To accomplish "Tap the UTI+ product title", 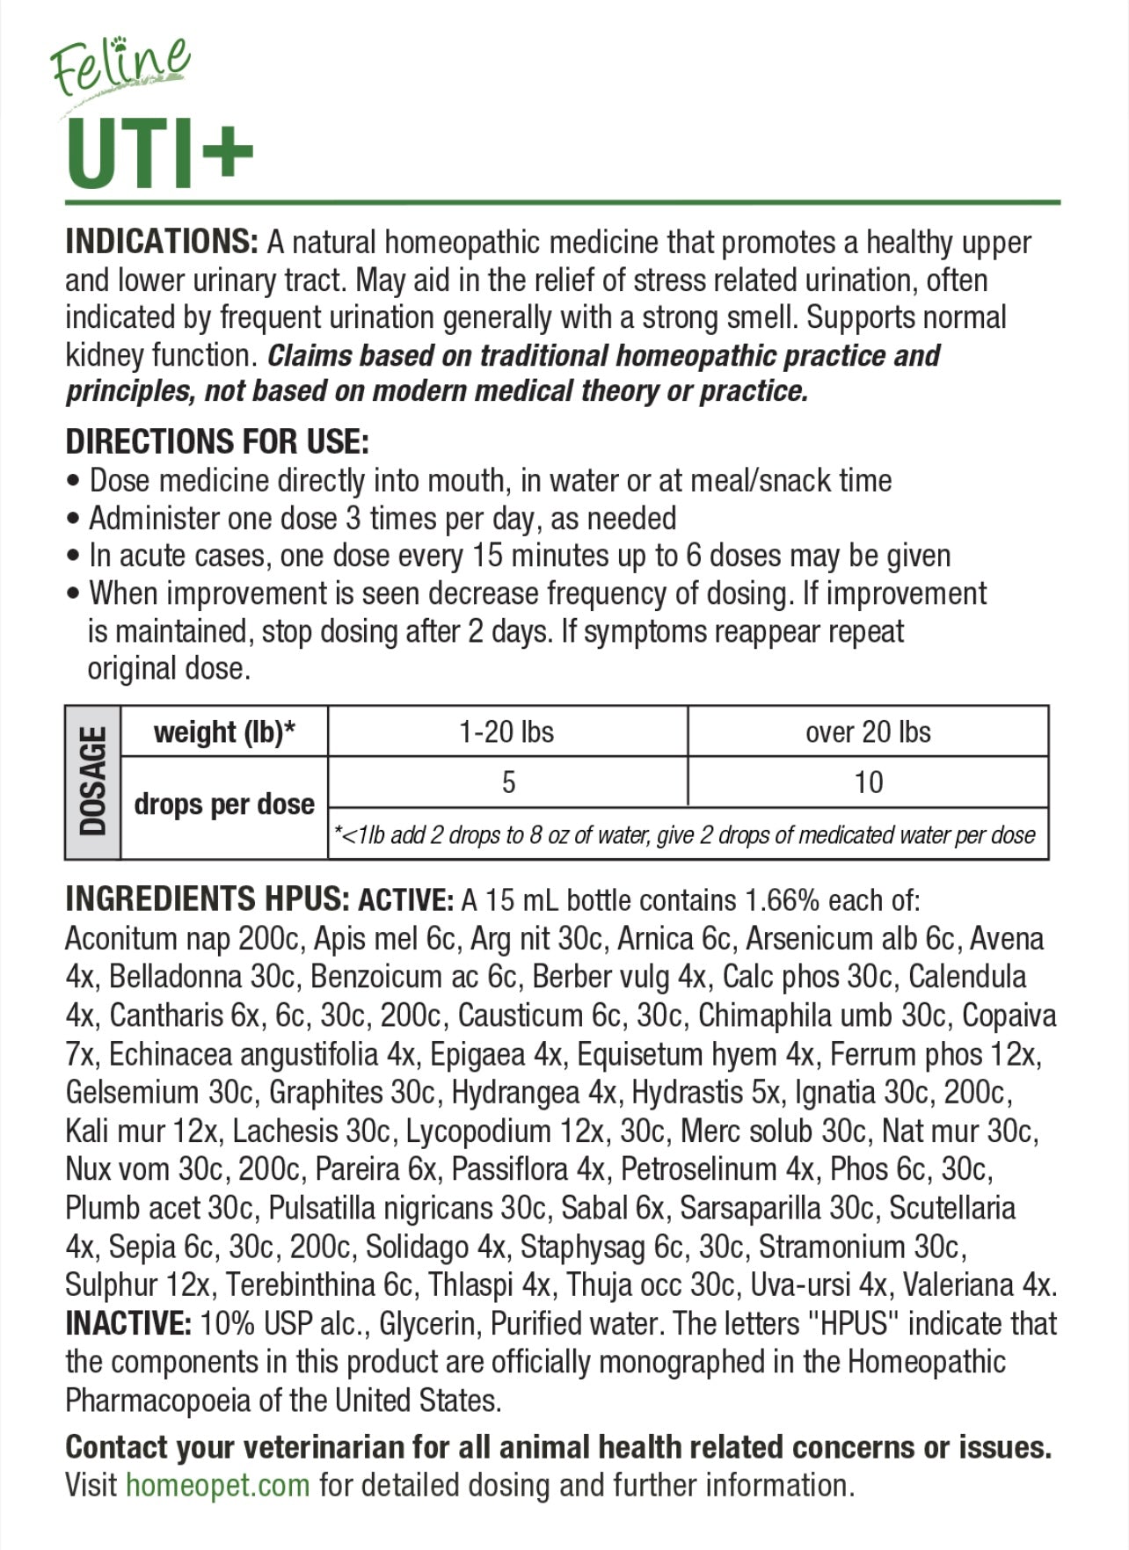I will click(159, 155).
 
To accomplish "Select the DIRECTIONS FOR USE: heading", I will click(217, 441).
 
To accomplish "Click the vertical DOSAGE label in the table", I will click(93, 782).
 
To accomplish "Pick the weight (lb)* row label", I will click(224, 731).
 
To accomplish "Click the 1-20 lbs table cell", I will click(506, 731).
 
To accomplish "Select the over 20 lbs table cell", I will click(868, 731).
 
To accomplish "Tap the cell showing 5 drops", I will click(508, 782).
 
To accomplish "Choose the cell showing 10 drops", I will click(868, 782).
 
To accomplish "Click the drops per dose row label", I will click(224, 804).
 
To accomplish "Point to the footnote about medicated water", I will click(685, 834).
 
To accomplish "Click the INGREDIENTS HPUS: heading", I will click(208, 899).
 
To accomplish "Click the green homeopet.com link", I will click(217, 1485).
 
